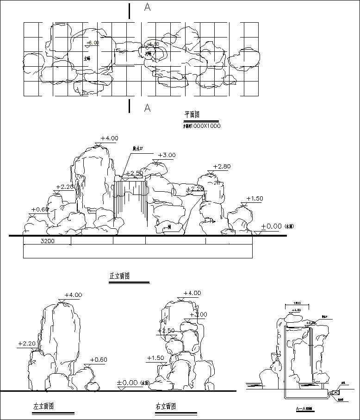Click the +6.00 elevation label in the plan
[x=93, y=43]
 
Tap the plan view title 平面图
[x=192, y=114]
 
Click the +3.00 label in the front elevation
[x=167, y=155]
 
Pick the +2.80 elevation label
[x=222, y=166]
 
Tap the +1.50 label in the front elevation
[x=254, y=199]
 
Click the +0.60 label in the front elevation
[x=40, y=209]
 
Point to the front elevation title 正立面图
[x=119, y=276]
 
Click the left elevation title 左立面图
[x=43, y=406]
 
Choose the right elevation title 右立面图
[x=166, y=407]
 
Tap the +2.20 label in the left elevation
[x=27, y=344]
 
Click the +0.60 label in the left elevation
[x=98, y=360]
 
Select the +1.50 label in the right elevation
[x=155, y=358]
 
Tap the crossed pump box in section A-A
[x=334, y=392]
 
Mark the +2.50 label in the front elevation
[x=134, y=173]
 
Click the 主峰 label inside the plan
[x=87, y=58]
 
